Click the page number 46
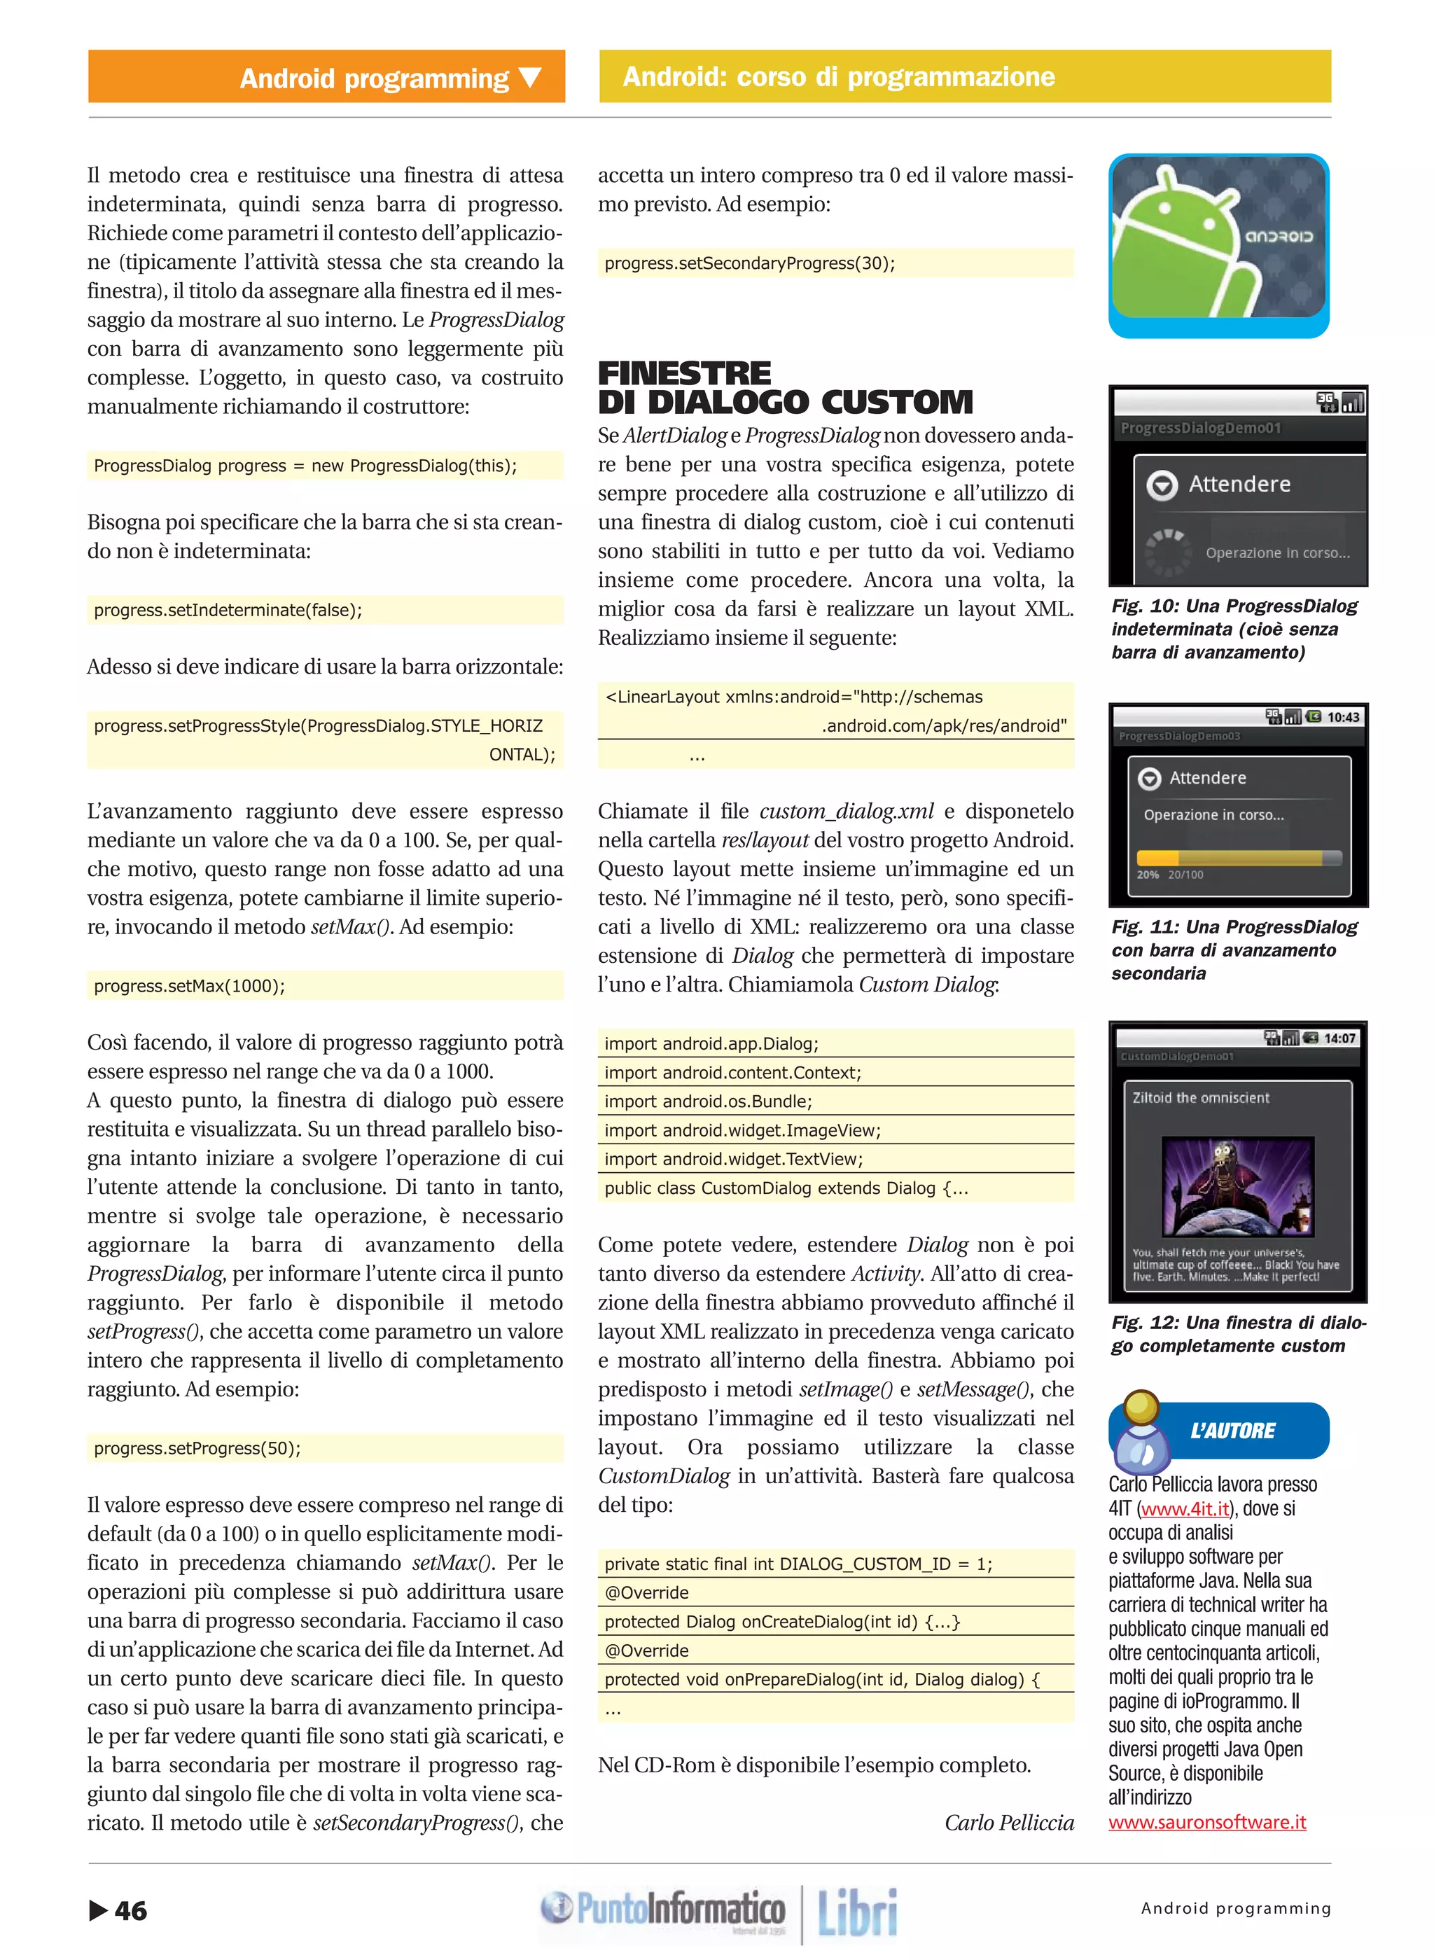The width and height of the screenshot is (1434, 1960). (130, 1910)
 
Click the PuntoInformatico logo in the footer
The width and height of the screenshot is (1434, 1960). (664, 1908)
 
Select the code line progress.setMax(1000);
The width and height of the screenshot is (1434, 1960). (189, 985)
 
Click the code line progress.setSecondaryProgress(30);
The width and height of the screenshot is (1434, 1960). (749, 263)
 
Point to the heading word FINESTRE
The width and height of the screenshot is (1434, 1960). (684, 373)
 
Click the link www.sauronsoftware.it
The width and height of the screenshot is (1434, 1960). (1206, 1822)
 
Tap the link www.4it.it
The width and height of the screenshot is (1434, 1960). (1185, 1508)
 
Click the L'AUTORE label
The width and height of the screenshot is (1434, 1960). (1232, 1431)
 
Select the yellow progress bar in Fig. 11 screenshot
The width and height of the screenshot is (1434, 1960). (1228, 858)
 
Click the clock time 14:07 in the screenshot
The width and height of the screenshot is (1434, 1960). (1339, 1038)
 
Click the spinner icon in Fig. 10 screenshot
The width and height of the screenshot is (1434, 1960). (1166, 551)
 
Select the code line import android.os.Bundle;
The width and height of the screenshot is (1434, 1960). (709, 1101)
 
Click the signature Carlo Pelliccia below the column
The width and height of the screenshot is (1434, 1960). (1009, 1822)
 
